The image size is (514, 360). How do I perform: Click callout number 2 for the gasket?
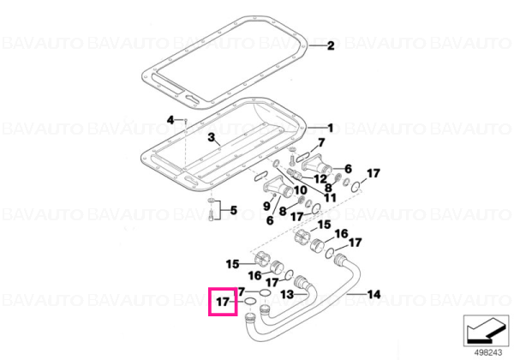[x=331, y=45]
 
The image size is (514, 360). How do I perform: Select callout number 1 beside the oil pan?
[x=331, y=128]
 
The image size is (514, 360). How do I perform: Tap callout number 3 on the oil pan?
[x=212, y=137]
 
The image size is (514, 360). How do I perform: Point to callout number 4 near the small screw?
[x=170, y=120]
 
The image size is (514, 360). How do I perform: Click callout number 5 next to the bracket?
[x=233, y=210]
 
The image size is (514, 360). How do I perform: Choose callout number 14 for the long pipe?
[x=374, y=294]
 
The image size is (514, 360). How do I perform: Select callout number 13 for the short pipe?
[x=287, y=294]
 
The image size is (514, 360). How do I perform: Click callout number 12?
[x=320, y=179]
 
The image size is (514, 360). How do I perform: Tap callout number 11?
[x=330, y=197]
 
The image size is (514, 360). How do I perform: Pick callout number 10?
[x=301, y=189]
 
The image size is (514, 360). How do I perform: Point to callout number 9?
[x=266, y=206]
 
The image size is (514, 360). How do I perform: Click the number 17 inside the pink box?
[x=223, y=302]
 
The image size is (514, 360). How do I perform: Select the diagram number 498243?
[x=488, y=352]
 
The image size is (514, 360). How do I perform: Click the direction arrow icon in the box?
[x=485, y=332]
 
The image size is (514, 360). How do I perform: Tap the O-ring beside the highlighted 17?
[x=250, y=302]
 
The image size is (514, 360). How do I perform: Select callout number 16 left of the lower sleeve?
[x=254, y=275]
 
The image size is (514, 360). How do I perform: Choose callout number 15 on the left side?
[x=232, y=264]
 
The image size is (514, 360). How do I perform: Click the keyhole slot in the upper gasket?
[x=193, y=99]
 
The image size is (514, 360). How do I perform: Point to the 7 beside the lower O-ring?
[x=242, y=291]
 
